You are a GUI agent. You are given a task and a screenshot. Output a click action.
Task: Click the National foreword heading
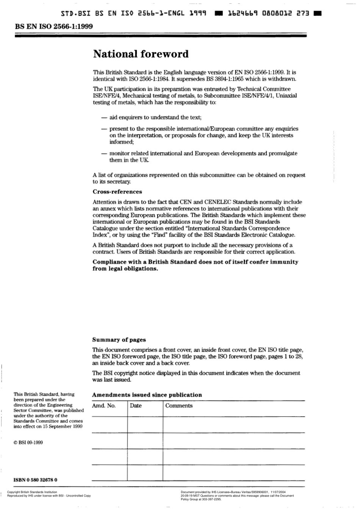pyautogui.click(x=141, y=54)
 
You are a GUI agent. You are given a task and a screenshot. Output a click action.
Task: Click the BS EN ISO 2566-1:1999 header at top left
pyautogui.click(x=53, y=27)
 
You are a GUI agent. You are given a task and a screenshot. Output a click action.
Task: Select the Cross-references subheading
pyautogui.click(x=117, y=192)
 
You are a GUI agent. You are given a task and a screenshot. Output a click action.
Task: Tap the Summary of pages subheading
pyautogui.click(x=119, y=340)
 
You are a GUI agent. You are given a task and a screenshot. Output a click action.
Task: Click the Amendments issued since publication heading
pyautogui.click(x=147, y=395)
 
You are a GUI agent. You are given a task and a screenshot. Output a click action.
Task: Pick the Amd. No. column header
pyautogui.click(x=104, y=406)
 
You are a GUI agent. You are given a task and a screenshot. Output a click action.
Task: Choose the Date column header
pyautogui.click(x=136, y=406)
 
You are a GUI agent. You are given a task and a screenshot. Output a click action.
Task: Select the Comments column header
pyautogui.click(x=179, y=406)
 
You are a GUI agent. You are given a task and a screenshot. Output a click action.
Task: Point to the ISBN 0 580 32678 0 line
pyautogui.click(x=35, y=480)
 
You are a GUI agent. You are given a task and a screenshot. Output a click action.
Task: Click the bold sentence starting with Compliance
pyautogui.click(x=195, y=265)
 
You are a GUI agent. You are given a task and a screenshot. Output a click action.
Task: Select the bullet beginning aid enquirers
pyautogui.click(x=155, y=117)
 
